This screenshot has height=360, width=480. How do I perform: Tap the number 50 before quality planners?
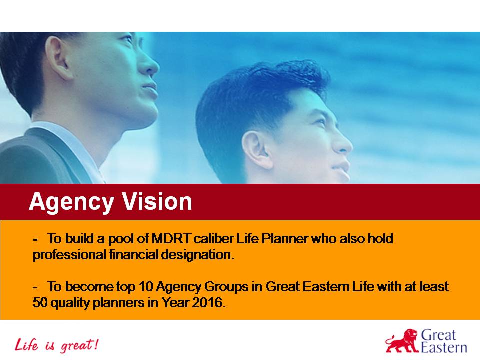click(39, 303)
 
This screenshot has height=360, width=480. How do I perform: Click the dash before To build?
click(35, 239)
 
